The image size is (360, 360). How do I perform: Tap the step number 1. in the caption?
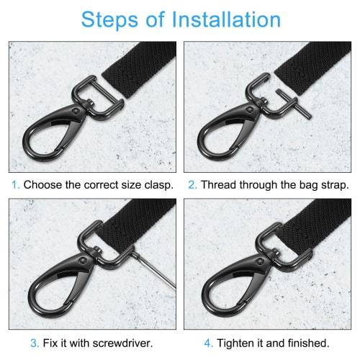[14, 184]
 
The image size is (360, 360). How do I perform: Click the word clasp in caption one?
[156, 184]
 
